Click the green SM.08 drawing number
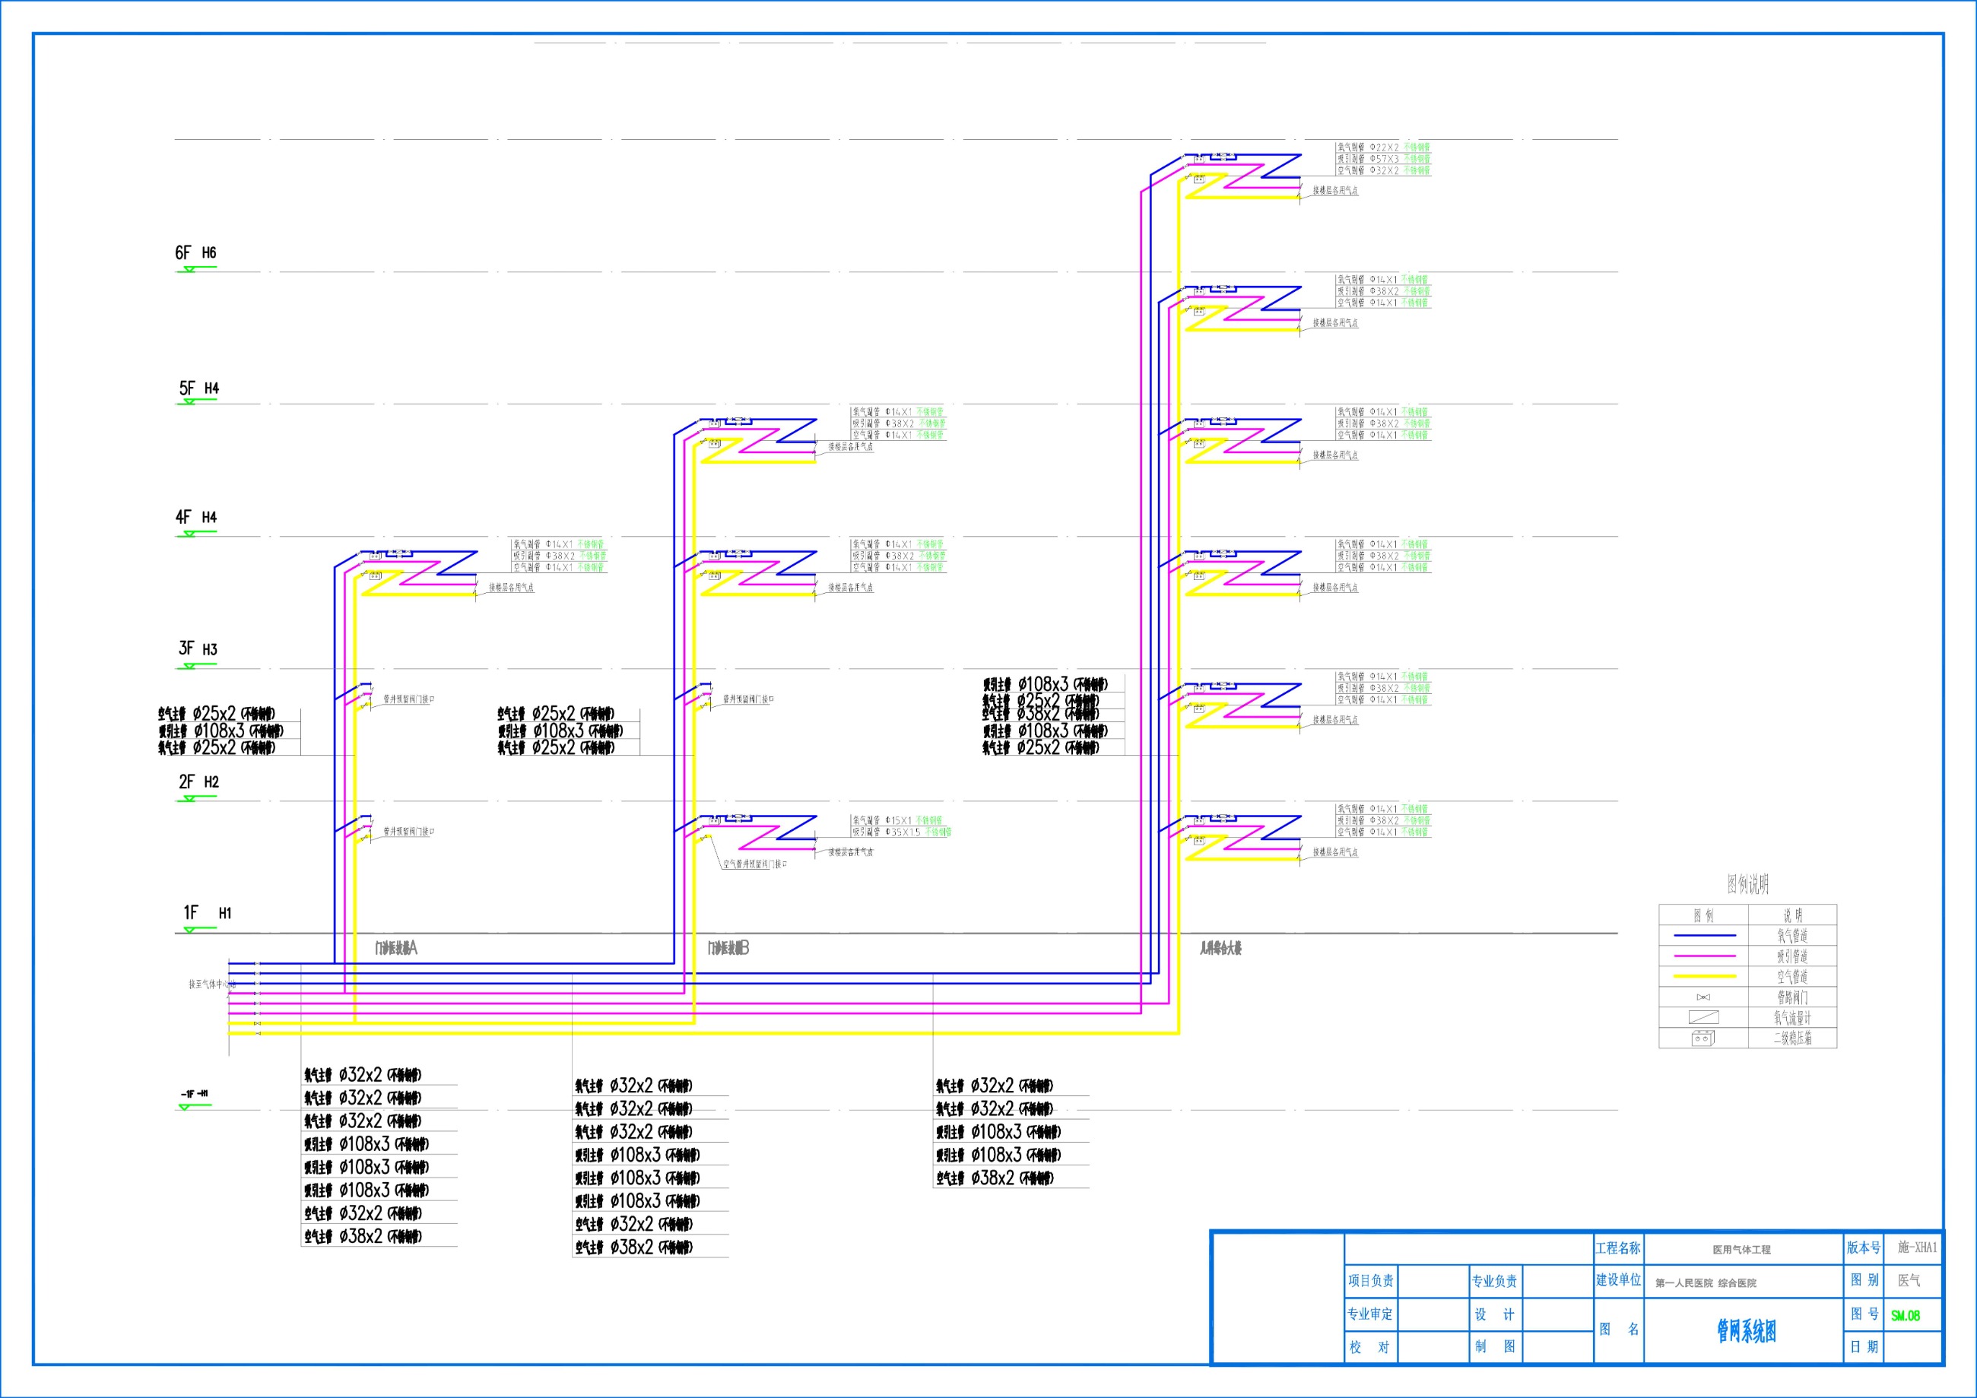tap(1905, 1315)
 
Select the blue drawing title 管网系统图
tap(1747, 1332)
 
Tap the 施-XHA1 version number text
tap(1917, 1247)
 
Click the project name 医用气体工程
tap(1741, 1249)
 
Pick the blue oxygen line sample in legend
tap(1704, 935)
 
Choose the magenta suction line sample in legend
tap(1704, 956)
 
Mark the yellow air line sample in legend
tap(1704, 976)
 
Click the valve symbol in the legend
tap(1703, 997)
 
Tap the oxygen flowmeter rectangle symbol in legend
tap(1703, 1017)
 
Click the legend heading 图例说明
tap(1747, 884)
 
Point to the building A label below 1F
tap(396, 949)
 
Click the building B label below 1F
tap(728, 949)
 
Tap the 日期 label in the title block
tap(1864, 1347)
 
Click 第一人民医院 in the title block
tap(1683, 1283)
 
